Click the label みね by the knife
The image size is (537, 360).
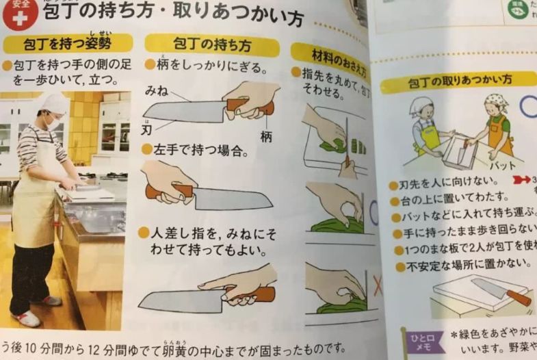click(157, 90)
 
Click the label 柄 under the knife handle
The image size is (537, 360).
click(266, 136)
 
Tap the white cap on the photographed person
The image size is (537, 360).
click(55, 103)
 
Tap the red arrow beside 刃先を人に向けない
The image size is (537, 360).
click(521, 183)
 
